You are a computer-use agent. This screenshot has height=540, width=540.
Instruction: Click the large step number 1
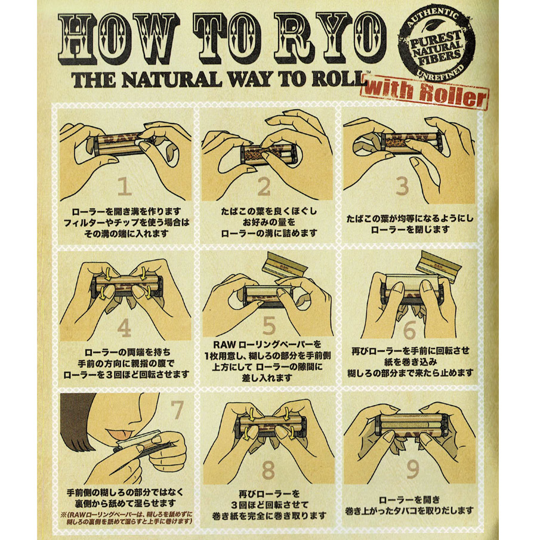pyautogui.click(x=125, y=186)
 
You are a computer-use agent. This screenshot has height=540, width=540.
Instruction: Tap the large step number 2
pyautogui.click(x=264, y=186)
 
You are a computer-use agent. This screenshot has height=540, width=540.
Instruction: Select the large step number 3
pyautogui.click(x=402, y=186)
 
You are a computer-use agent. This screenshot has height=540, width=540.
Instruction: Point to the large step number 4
pyautogui.click(x=124, y=328)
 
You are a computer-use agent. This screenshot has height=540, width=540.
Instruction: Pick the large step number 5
pyautogui.click(x=269, y=326)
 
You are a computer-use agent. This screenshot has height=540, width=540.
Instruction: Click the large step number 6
pyautogui.click(x=409, y=330)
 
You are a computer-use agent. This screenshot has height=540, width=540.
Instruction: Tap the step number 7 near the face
pyautogui.click(x=177, y=409)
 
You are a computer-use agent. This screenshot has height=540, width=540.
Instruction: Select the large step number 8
pyautogui.click(x=269, y=470)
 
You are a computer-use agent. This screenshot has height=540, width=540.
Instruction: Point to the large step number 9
pyautogui.click(x=413, y=469)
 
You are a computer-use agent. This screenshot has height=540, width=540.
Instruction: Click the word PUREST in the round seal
pyautogui.click(x=436, y=39)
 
